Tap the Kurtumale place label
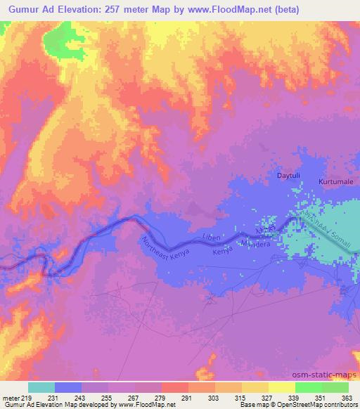(335, 181)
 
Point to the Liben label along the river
(212, 238)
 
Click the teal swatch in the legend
(41, 387)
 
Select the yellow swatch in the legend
(282, 387)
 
